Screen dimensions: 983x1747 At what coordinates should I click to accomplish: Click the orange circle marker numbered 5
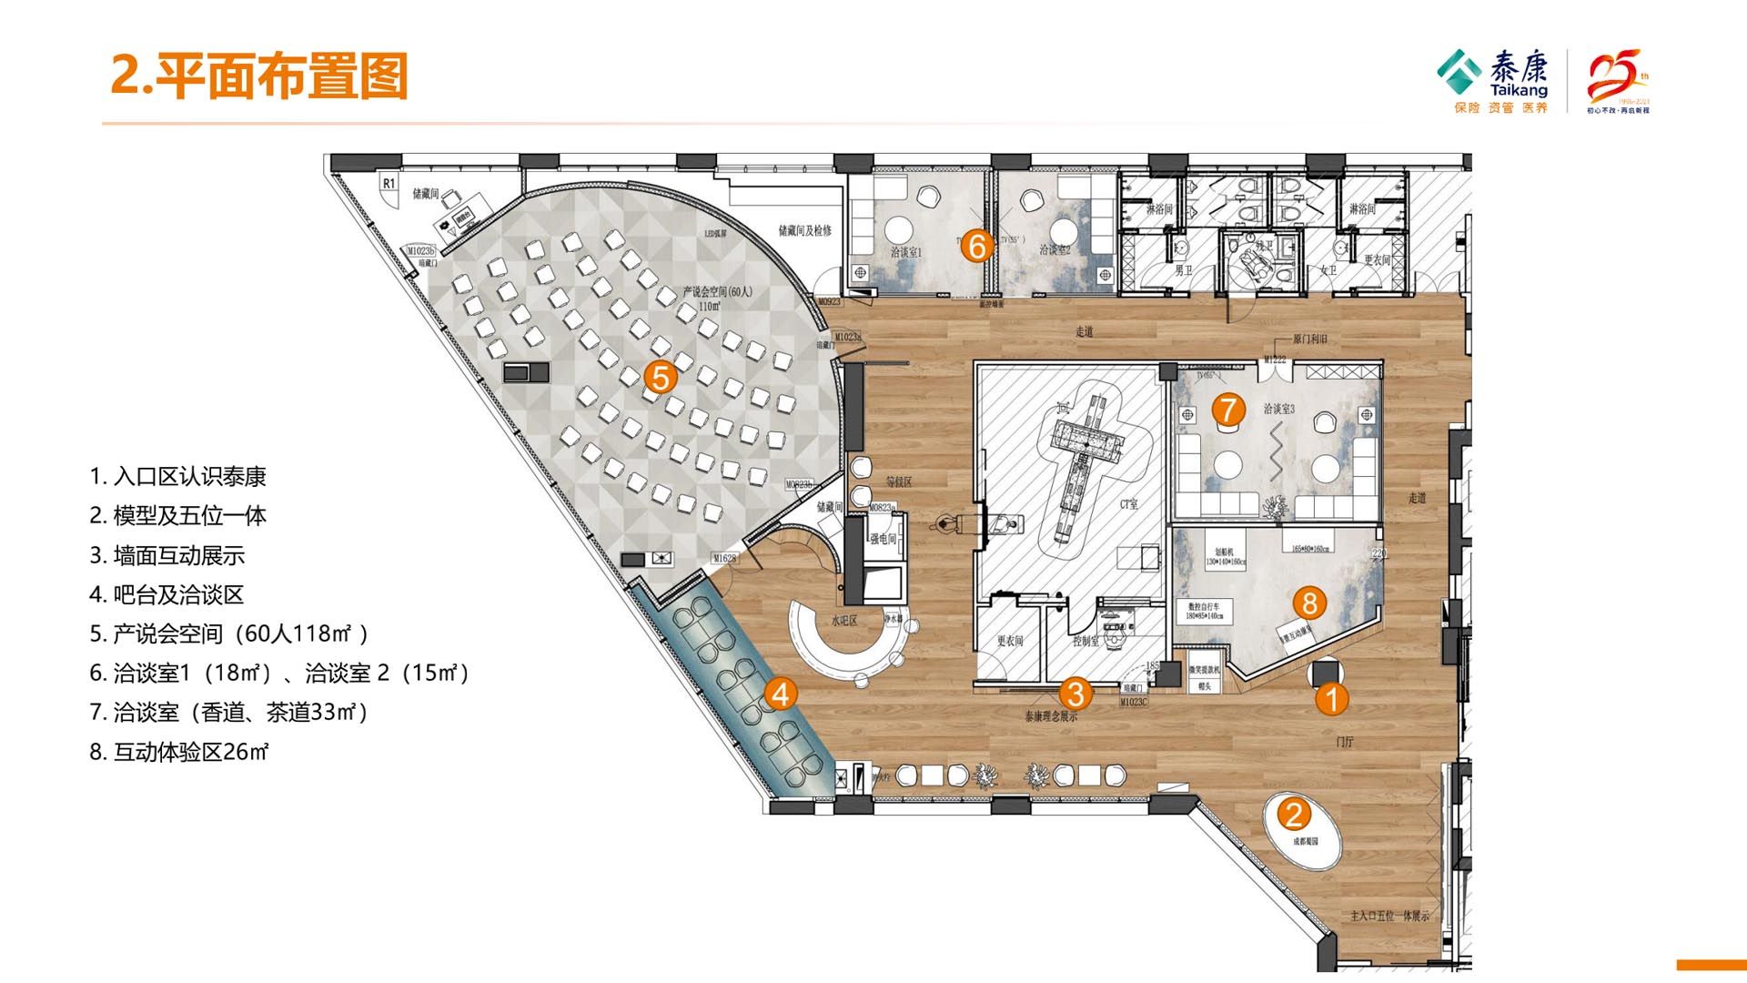click(x=661, y=377)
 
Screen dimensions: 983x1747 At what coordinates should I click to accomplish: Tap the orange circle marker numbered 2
click(x=1294, y=814)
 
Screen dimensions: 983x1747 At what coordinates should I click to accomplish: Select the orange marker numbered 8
click(x=1309, y=603)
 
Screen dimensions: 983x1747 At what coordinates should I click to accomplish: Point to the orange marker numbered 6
click(x=977, y=246)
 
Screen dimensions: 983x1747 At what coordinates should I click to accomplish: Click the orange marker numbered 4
click(x=780, y=694)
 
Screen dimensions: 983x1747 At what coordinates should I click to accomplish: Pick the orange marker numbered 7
click(x=1228, y=410)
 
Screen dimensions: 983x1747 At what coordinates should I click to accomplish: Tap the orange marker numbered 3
click(x=1075, y=694)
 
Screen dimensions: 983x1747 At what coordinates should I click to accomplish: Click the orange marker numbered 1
click(x=1332, y=699)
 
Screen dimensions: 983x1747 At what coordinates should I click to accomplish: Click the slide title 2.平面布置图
click(x=259, y=76)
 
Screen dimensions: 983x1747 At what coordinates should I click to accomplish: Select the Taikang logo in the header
click(x=1492, y=80)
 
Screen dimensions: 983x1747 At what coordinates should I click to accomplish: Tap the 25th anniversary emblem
click(x=1618, y=80)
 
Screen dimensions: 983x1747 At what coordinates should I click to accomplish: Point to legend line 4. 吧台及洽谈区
click(x=167, y=595)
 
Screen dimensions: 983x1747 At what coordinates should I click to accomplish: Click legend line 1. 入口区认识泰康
click(x=177, y=477)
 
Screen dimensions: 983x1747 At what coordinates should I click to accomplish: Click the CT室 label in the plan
click(x=1129, y=503)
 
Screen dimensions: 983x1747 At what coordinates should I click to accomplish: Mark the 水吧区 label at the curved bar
click(x=843, y=622)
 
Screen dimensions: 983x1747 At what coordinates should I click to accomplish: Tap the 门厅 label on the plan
click(x=1345, y=742)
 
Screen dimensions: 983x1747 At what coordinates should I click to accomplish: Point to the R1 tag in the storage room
click(x=389, y=183)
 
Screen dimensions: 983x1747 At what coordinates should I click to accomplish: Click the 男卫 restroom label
click(x=1183, y=270)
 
